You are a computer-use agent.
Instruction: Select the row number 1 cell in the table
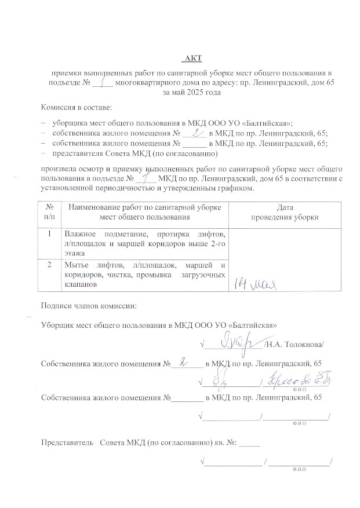(x=50, y=234)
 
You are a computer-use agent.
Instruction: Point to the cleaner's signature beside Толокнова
(x=233, y=342)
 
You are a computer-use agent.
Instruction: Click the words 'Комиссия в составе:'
(x=76, y=107)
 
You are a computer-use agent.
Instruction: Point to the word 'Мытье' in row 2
(x=78, y=265)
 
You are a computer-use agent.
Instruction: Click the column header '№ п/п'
(x=50, y=211)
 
